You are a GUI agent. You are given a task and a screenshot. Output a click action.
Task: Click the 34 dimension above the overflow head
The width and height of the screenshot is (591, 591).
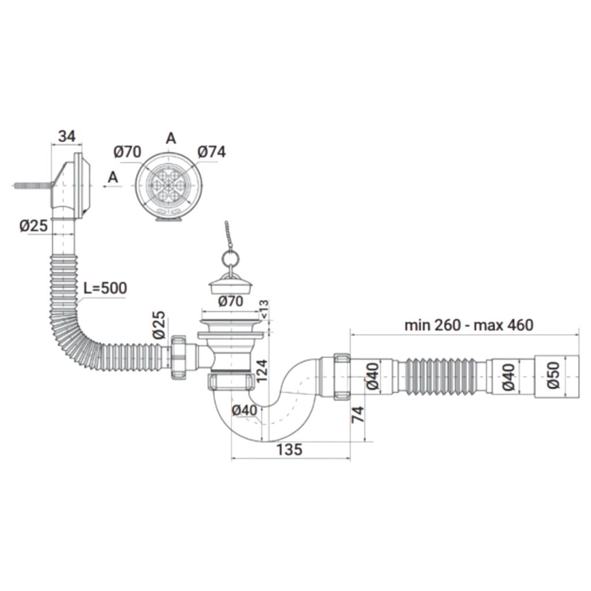click(x=67, y=136)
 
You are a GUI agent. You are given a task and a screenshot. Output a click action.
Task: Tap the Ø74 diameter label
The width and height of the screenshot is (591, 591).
click(x=211, y=152)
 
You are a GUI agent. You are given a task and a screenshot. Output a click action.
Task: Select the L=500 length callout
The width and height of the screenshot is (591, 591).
click(x=105, y=288)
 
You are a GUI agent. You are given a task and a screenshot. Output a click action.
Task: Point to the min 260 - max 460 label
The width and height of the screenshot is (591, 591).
click(x=469, y=325)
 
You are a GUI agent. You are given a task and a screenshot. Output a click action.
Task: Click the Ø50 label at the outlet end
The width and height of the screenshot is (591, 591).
click(x=553, y=375)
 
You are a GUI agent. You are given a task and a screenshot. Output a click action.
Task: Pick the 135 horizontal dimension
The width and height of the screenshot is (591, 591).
click(x=289, y=449)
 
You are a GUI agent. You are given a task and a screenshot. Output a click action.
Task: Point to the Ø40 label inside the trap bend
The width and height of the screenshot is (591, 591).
click(x=244, y=410)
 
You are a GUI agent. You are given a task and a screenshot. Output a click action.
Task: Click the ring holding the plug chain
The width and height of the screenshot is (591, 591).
click(x=230, y=259)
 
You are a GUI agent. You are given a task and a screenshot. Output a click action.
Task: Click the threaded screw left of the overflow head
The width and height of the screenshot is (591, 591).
click(x=33, y=185)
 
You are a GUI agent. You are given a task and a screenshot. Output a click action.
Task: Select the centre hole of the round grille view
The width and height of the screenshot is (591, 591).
click(x=169, y=185)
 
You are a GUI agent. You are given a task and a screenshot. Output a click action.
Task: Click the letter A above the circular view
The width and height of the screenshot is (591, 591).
click(x=171, y=139)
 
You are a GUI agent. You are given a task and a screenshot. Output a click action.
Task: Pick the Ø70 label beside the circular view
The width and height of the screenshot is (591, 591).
click(x=128, y=152)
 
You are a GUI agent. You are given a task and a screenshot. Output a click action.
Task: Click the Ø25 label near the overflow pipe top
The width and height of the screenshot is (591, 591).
click(x=34, y=226)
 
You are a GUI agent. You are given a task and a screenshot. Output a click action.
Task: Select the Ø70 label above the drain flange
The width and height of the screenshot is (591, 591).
click(x=231, y=301)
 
